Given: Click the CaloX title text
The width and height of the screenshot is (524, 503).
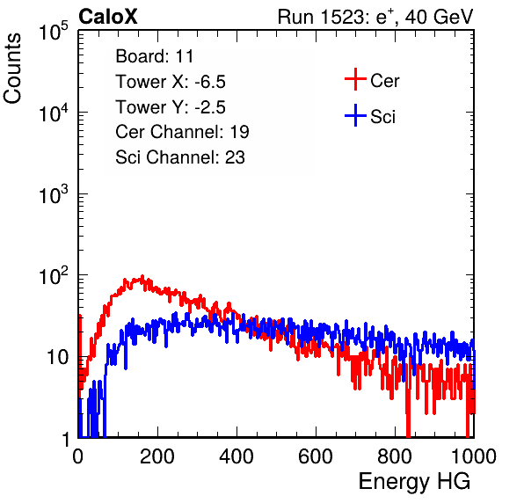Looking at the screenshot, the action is pyautogui.click(x=108, y=17).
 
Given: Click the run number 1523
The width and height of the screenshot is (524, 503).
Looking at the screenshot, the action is pyautogui.click(x=341, y=17).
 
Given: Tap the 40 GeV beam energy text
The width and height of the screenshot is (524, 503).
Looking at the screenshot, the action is pyautogui.click(x=439, y=17).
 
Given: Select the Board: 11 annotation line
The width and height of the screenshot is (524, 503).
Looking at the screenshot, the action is pyautogui.click(x=155, y=56).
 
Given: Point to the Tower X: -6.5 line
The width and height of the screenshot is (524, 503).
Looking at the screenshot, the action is pyautogui.click(x=171, y=82).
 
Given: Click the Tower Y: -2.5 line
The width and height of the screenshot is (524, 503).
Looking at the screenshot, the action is pyautogui.click(x=171, y=107).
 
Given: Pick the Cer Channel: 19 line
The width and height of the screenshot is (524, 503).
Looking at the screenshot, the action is pyautogui.click(x=182, y=132).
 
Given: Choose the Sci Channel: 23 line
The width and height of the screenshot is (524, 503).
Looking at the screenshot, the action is pyautogui.click(x=180, y=157).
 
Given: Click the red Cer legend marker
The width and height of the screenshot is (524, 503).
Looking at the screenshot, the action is pyautogui.click(x=355, y=79).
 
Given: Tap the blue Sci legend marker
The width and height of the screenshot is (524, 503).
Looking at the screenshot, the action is pyautogui.click(x=355, y=115).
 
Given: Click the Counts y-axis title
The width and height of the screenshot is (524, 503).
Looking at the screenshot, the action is pyautogui.click(x=12, y=68).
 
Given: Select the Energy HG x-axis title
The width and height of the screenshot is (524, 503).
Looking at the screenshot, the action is pyautogui.click(x=414, y=482).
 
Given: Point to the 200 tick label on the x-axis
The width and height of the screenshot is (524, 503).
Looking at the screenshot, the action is pyautogui.click(x=157, y=456).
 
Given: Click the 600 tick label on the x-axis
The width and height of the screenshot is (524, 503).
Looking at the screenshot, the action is pyautogui.click(x=316, y=456).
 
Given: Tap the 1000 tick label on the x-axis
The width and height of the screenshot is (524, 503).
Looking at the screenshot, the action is pyautogui.click(x=474, y=456).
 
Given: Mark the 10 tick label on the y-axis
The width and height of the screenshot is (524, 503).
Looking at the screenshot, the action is pyautogui.click(x=57, y=358).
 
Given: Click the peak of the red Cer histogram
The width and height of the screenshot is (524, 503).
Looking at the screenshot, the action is pyautogui.click(x=142, y=276).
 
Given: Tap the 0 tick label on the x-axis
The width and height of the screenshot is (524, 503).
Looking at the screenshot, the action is pyautogui.click(x=78, y=456).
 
